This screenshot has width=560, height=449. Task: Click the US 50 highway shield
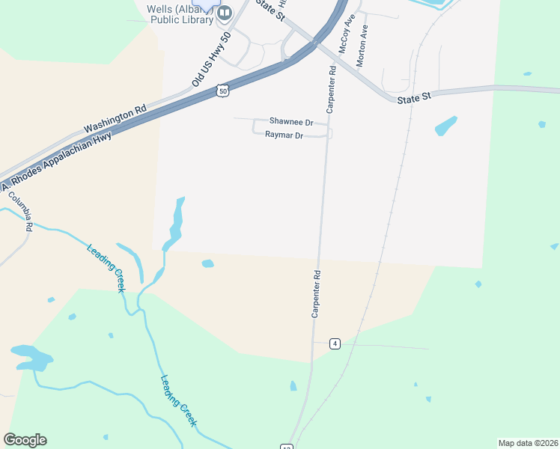click(x=222, y=90)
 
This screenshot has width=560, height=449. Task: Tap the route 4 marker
click(x=335, y=343)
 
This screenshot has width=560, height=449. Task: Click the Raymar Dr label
click(x=284, y=135)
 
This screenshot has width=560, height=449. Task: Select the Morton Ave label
click(x=363, y=47)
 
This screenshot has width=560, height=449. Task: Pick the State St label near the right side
click(x=415, y=98)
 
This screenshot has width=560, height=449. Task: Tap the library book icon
click(x=224, y=13)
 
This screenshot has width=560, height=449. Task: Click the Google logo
click(x=25, y=440)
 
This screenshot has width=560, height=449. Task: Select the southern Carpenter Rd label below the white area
click(x=317, y=293)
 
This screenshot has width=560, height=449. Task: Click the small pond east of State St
click(x=446, y=126)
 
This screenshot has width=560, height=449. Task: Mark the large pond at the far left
click(x=30, y=357)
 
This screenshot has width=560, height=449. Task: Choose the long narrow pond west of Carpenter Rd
click(x=176, y=222)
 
